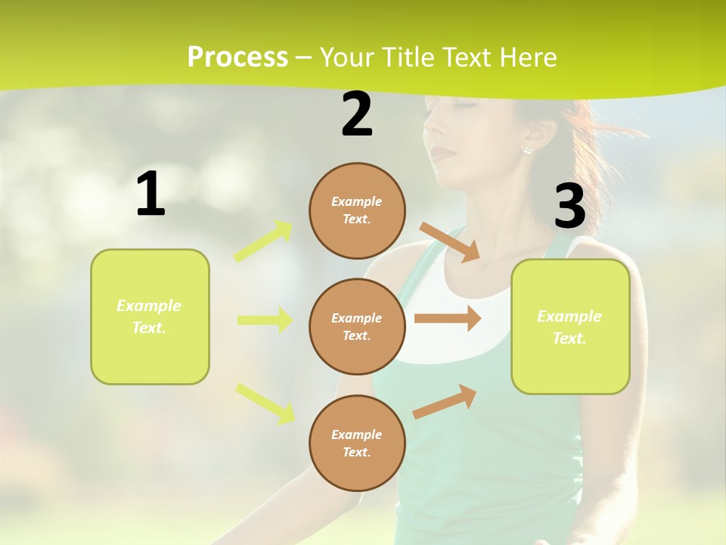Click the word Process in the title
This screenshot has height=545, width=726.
pos(237,57)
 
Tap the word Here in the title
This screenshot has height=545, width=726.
pos(526,57)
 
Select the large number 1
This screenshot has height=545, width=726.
pos(150,195)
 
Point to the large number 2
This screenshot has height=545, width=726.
pos(357,115)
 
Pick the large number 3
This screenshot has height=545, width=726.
pos(569,207)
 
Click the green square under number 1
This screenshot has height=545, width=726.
pos(150,316)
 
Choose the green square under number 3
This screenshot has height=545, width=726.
pos(570,326)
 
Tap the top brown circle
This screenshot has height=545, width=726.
pos(357,210)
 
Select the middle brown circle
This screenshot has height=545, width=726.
pos(357,326)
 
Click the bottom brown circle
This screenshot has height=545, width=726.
pos(357,443)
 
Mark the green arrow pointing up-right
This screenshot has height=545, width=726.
pos(264,241)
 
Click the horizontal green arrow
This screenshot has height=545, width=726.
pos(265,320)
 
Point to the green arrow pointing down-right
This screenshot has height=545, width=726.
pos(265,403)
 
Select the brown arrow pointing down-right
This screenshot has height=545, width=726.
pos(450,241)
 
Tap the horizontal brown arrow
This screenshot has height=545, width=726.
pos(448,319)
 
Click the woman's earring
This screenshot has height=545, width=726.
pos(527,150)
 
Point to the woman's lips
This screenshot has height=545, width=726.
pos(444,155)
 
